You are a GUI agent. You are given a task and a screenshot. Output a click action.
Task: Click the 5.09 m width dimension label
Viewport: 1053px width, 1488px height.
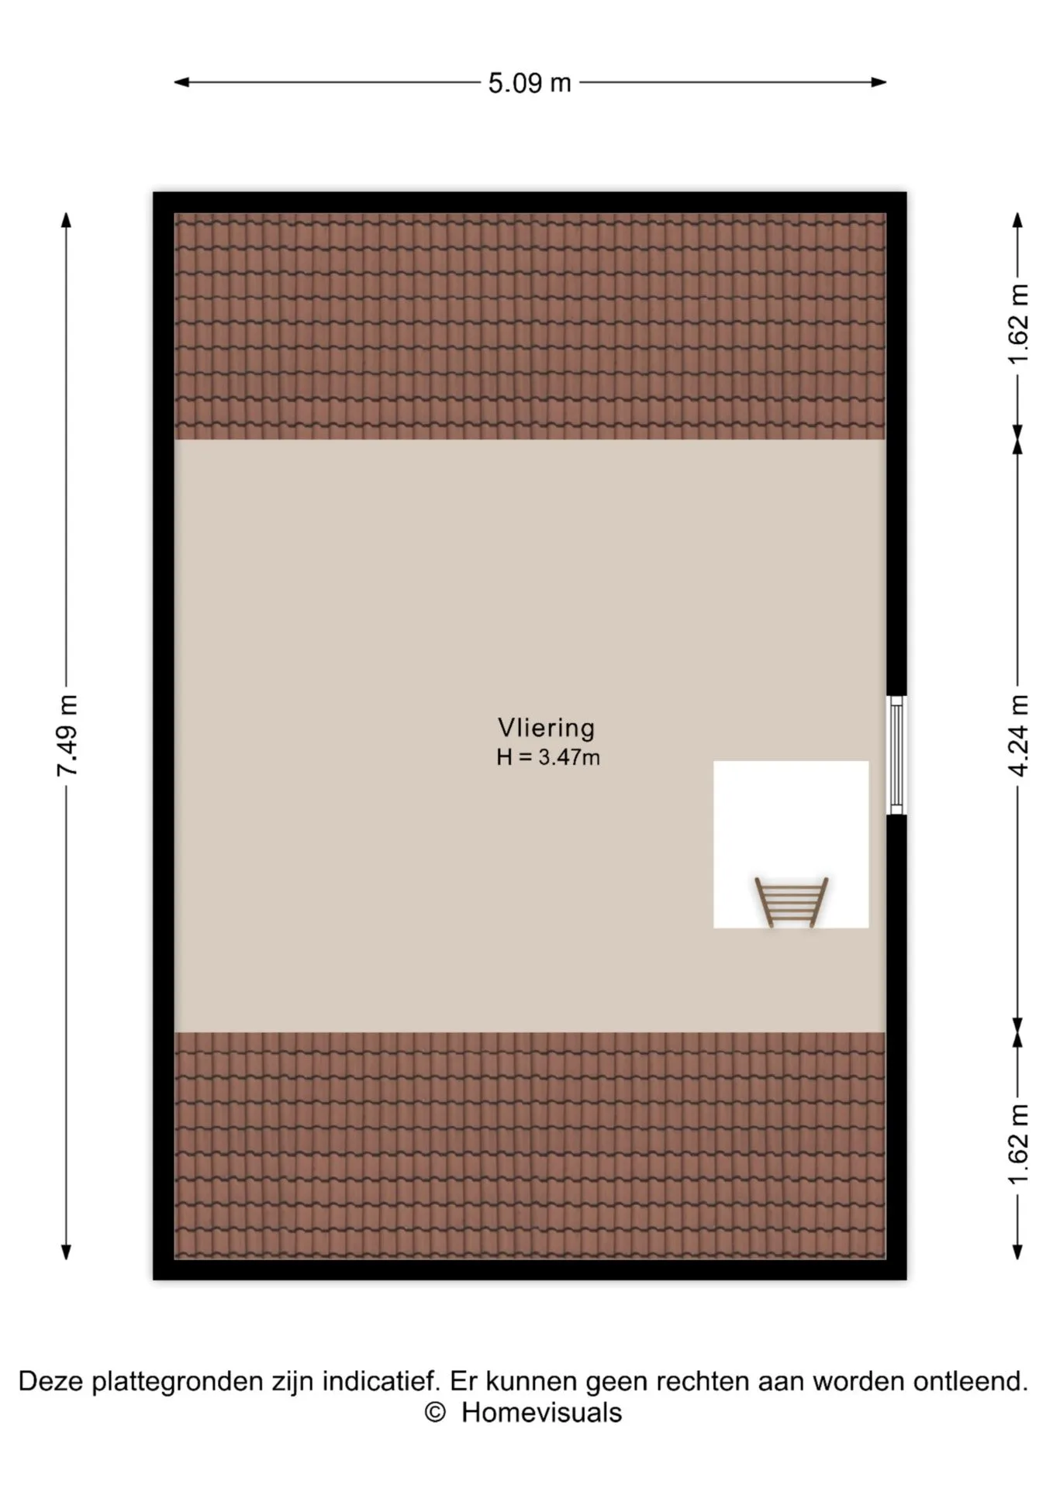pos(530,83)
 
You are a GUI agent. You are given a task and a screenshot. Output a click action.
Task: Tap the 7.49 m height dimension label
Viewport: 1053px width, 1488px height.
pos(67,735)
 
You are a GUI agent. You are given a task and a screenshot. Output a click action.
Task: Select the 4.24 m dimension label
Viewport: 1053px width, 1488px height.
pos(1018,735)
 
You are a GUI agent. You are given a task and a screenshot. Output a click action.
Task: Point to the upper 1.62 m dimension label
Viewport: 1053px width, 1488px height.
pos(1018,324)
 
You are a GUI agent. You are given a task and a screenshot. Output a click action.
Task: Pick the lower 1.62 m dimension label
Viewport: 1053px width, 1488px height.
pos(1018,1145)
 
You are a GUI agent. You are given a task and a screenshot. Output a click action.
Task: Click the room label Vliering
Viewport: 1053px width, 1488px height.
pos(547,728)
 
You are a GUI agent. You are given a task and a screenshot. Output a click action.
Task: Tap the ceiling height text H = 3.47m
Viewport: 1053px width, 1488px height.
pos(548,757)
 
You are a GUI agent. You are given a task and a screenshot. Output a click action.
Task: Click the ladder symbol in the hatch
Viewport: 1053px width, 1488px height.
pos(791,902)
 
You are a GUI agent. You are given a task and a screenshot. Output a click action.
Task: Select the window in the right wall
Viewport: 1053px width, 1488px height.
pos(896,755)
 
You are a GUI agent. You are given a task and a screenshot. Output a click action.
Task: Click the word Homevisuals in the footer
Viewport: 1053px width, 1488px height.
pos(541,1413)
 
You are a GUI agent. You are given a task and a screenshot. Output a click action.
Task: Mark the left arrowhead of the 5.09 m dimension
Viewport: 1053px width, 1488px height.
pos(181,82)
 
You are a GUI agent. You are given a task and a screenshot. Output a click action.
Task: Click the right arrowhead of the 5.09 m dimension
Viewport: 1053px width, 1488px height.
pos(879,82)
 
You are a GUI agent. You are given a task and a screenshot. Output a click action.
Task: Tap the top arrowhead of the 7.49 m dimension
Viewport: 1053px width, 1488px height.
pos(67,220)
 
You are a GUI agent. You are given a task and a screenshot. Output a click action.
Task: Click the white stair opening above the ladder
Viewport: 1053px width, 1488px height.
pos(791,818)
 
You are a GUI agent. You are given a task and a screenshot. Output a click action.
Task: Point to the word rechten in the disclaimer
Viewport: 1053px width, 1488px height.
pos(702,1381)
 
